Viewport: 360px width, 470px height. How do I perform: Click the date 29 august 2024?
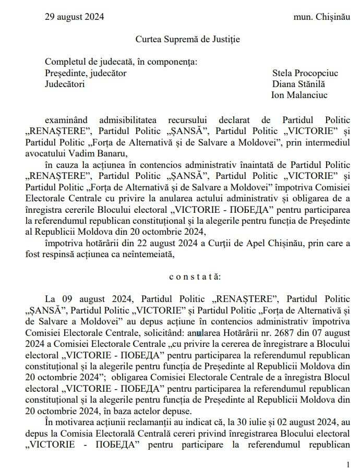click(74, 17)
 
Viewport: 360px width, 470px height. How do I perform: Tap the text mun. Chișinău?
click(319, 17)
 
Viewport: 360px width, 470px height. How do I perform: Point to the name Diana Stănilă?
click(298, 84)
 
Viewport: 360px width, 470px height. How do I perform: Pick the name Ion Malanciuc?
click(299, 95)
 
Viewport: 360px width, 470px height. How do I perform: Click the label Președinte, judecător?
click(86, 73)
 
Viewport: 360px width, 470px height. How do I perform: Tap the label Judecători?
click(65, 84)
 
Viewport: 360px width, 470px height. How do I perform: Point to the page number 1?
click(349, 464)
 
